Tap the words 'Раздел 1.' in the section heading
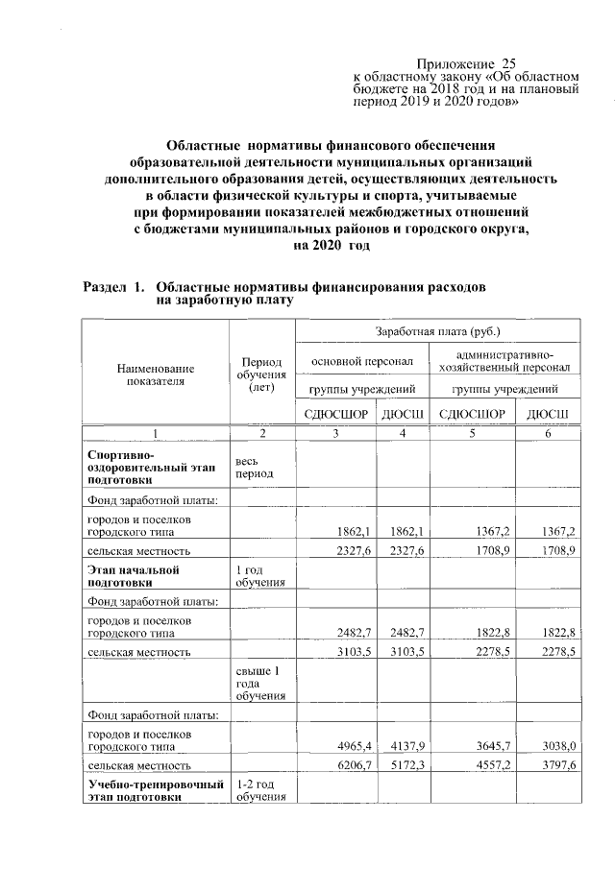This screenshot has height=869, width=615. point(112,287)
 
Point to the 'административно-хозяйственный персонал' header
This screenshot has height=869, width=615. point(504,361)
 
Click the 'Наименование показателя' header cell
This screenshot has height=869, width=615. point(155,374)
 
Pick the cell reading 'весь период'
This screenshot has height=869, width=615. point(254,468)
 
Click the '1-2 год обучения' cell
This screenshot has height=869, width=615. point(258,792)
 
